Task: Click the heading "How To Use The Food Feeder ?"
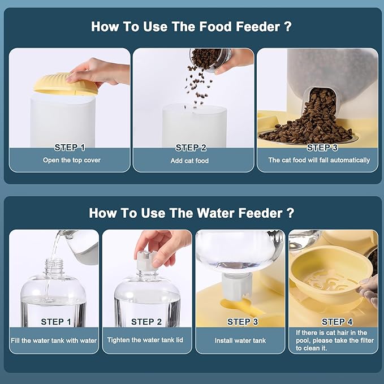click(x=191, y=27)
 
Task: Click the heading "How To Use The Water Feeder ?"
click(x=191, y=213)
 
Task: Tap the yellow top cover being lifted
click(x=66, y=84)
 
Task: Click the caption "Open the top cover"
click(x=72, y=160)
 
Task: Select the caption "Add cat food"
click(x=189, y=161)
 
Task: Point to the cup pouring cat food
click(x=210, y=59)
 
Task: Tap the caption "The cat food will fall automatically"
click(x=319, y=160)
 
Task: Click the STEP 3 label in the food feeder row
click(x=322, y=148)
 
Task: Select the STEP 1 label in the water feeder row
click(x=56, y=322)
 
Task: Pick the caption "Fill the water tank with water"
click(x=54, y=340)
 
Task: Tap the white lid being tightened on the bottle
click(x=148, y=261)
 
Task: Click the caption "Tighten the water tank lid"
click(x=145, y=340)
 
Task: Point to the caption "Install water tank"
click(x=240, y=340)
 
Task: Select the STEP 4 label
click(x=337, y=322)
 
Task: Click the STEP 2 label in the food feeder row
click(x=191, y=148)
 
